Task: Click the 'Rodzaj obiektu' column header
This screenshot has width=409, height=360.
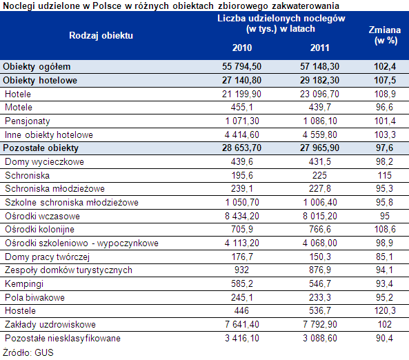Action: tap(101, 35)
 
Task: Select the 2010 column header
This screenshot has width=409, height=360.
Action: tap(242, 48)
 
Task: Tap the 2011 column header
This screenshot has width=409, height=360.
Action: tap(319, 48)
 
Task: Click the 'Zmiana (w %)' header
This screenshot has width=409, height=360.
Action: tap(385, 35)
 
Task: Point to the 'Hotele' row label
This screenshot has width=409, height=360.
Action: tap(18, 94)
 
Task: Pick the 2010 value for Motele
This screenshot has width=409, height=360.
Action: tap(242, 107)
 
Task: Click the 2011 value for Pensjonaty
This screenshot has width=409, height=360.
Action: tap(320, 121)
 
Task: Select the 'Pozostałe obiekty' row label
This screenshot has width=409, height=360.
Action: tap(41, 148)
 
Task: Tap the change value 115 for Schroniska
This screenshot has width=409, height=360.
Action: tap(385, 175)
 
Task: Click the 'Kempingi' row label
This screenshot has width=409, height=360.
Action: tap(24, 284)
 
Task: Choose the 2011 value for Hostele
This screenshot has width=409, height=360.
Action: tap(320, 311)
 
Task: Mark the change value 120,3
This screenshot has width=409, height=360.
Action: tap(385, 311)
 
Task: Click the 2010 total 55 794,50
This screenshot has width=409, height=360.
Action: tap(241, 66)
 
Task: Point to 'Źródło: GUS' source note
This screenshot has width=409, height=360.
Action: tap(28, 352)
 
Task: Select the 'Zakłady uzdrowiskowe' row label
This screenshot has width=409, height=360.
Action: tap(50, 325)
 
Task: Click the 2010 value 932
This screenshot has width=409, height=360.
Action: tap(241, 270)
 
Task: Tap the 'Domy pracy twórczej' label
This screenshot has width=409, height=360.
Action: tap(47, 257)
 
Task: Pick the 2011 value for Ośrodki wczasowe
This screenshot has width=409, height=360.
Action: tap(320, 216)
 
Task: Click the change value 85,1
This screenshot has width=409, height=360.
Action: tap(384, 257)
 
